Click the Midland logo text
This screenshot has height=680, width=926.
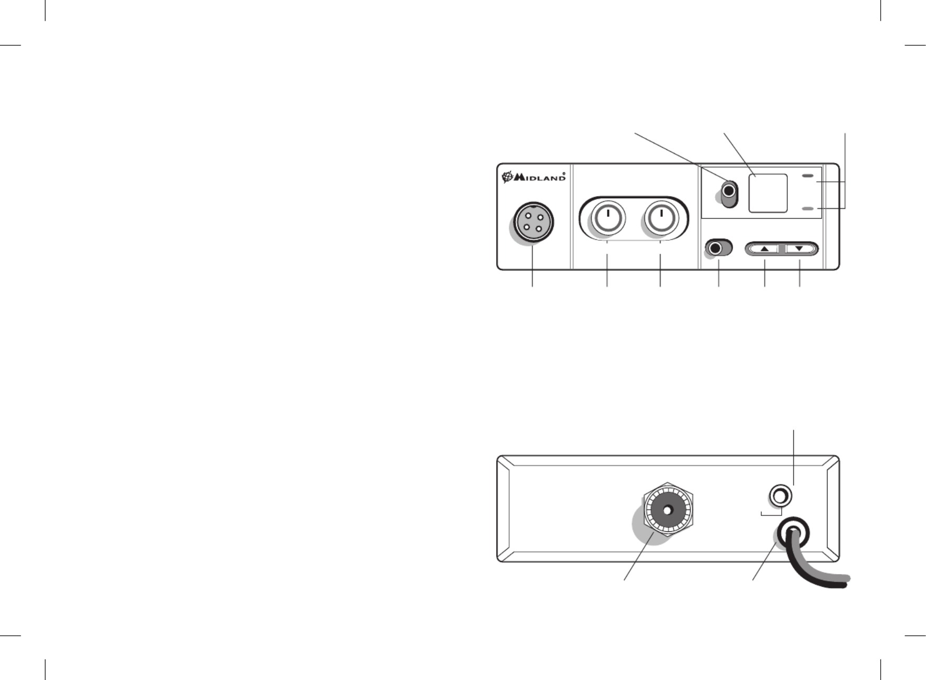pos(539,178)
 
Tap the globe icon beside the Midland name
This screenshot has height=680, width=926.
pos(507,177)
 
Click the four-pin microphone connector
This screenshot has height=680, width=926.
pos(533,222)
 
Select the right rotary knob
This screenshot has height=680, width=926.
pos(661,218)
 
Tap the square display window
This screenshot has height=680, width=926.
pos(768,193)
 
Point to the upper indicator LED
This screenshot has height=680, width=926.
pos(808,176)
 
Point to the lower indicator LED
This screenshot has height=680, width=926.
pos(808,209)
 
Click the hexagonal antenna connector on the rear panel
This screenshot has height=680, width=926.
pos(668,509)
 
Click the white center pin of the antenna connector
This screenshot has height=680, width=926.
pos(668,510)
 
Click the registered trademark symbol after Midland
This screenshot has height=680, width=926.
pos(564,173)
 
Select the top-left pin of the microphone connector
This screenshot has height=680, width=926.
pos(528,216)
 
